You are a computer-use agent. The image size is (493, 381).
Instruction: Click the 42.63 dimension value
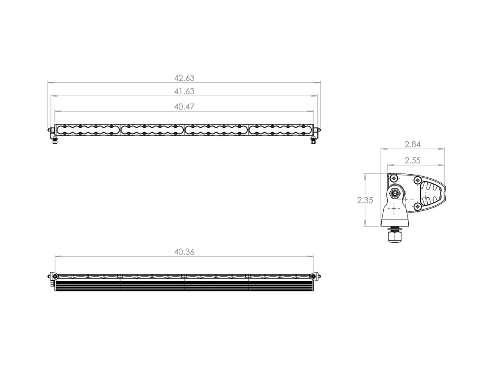click(x=184, y=78)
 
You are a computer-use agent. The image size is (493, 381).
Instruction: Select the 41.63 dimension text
click(x=184, y=91)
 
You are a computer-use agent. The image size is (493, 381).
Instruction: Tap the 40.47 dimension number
click(x=184, y=107)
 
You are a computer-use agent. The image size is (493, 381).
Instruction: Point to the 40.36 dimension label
click(x=184, y=252)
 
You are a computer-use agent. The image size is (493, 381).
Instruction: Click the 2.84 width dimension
click(x=412, y=144)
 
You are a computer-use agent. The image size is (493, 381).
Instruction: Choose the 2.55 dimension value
click(x=412, y=161)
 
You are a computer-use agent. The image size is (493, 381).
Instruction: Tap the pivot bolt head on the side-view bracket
click(x=395, y=193)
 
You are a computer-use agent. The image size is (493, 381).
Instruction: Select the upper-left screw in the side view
click(x=394, y=178)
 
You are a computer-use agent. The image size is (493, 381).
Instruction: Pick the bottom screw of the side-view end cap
click(x=417, y=206)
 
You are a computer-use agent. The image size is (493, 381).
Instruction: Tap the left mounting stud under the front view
click(x=55, y=141)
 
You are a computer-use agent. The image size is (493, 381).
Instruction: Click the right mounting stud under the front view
click(x=313, y=141)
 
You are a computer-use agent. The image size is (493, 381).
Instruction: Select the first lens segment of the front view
click(x=88, y=129)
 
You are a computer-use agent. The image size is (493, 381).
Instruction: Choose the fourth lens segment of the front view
click(x=280, y=129)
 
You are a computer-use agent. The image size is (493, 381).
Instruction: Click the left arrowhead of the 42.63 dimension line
click(x=49, y=83)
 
